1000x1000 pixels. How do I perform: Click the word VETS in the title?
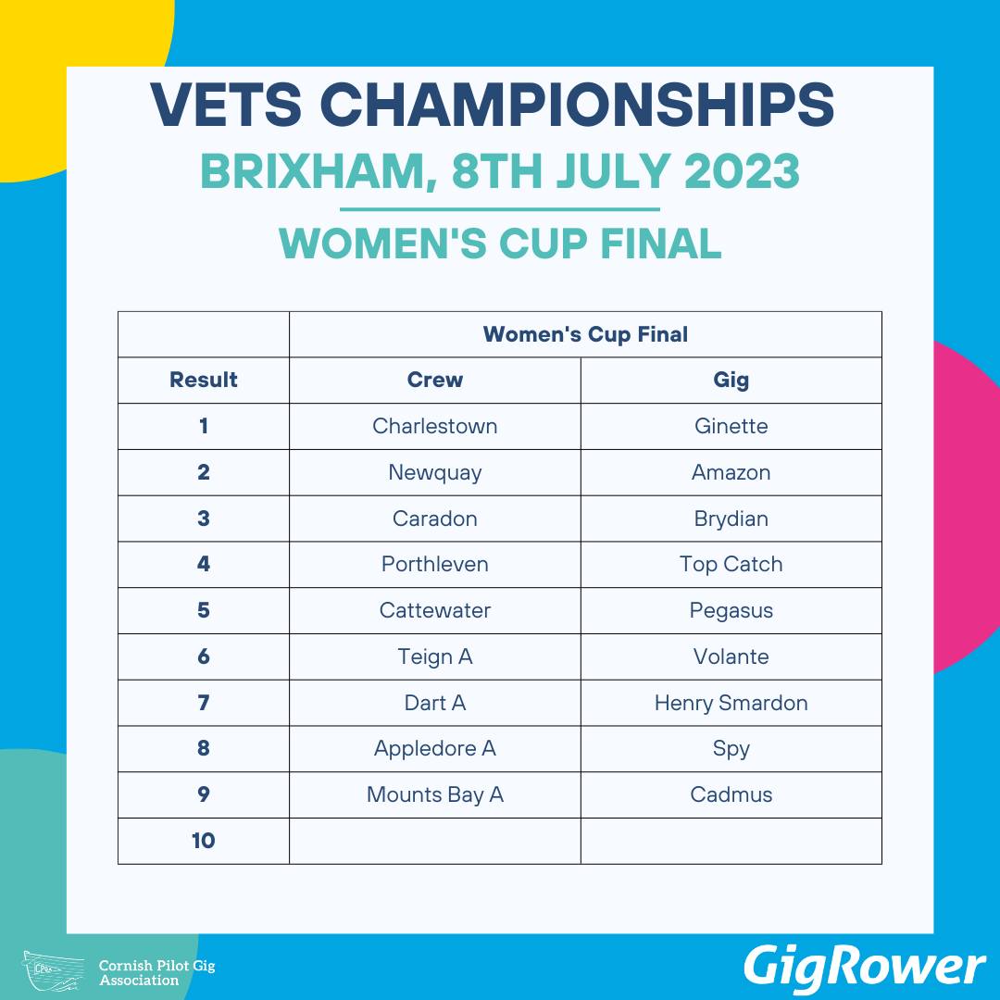tap(227, 104)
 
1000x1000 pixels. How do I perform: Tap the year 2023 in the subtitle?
tap(742, 171)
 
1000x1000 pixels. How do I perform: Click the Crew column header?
tap(435, 380)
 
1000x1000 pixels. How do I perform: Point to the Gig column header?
tap(731, 381)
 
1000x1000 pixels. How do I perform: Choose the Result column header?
tap(204, 380)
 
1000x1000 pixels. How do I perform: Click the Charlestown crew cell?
tap(435, 426)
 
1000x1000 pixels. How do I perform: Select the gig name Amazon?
tap(731, 472)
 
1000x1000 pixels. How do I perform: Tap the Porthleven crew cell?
tap(435, 565)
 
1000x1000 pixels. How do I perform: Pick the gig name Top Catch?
tap(731, 565)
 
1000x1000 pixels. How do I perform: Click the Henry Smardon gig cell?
tap(731, 703)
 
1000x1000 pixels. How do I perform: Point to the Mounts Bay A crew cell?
tap(435, 795)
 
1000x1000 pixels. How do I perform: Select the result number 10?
tap(204, 841)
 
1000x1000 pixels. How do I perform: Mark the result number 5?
tap(204, 610)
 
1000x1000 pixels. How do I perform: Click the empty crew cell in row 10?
tap(435, 841)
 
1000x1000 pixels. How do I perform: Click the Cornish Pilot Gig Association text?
tap(156, 972)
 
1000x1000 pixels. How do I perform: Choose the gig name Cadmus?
tap(731, 794)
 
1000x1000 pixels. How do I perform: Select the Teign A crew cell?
tap(435, 656)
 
